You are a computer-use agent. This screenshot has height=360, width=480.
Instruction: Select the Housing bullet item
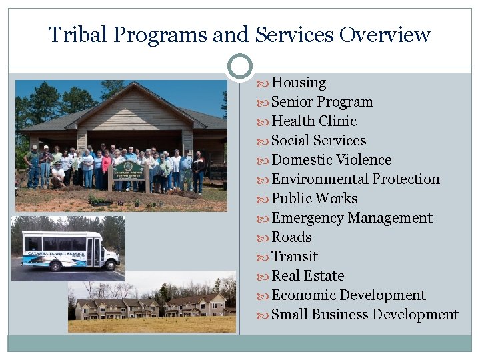299,83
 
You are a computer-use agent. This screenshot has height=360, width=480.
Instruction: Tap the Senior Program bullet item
322,102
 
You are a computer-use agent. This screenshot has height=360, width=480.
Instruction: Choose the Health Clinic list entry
314,121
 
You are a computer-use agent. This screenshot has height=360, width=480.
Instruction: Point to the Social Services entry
319,141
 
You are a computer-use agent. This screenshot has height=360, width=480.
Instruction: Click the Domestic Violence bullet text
331,160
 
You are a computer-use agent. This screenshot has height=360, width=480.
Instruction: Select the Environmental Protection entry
355,179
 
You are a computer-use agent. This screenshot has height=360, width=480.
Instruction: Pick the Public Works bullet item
315,199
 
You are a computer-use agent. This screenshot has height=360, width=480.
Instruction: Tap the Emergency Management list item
352,218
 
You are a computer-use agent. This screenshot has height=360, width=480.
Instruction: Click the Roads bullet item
291,237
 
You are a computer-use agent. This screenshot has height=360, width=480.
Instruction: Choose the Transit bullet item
295,257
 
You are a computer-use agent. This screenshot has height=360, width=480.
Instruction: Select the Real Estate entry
308,276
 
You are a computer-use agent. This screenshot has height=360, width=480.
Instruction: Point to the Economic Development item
349,295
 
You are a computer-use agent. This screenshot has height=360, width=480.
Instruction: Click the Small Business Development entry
365,315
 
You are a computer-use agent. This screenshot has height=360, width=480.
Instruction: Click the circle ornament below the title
240,67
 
